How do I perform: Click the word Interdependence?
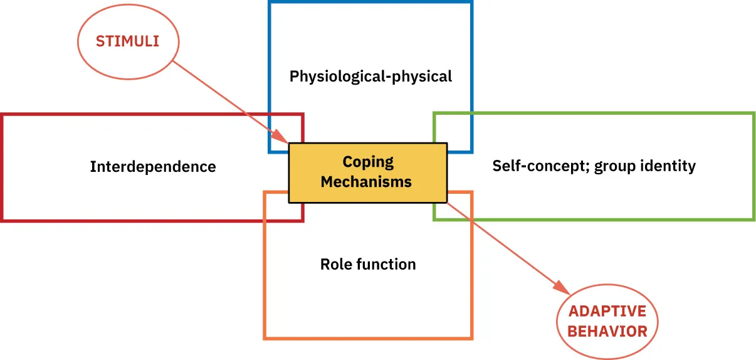[153, 167]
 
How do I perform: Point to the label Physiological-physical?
[370, 77]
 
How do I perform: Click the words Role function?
[368, 264]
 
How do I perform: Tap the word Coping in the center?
[368, 162]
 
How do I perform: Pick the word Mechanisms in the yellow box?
[367, 182]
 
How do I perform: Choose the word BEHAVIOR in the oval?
[607, 331]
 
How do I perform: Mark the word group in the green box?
[616, 167]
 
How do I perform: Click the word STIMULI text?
[127, 41]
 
